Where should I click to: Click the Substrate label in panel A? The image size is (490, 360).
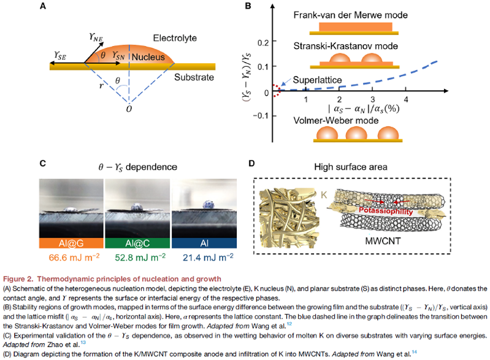pyautogui.click(x=194, y=79)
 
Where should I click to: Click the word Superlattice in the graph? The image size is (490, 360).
pyautogui.click(x=318, y=80)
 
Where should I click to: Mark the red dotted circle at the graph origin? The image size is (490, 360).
pyautogui.click(x=276, y=90)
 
